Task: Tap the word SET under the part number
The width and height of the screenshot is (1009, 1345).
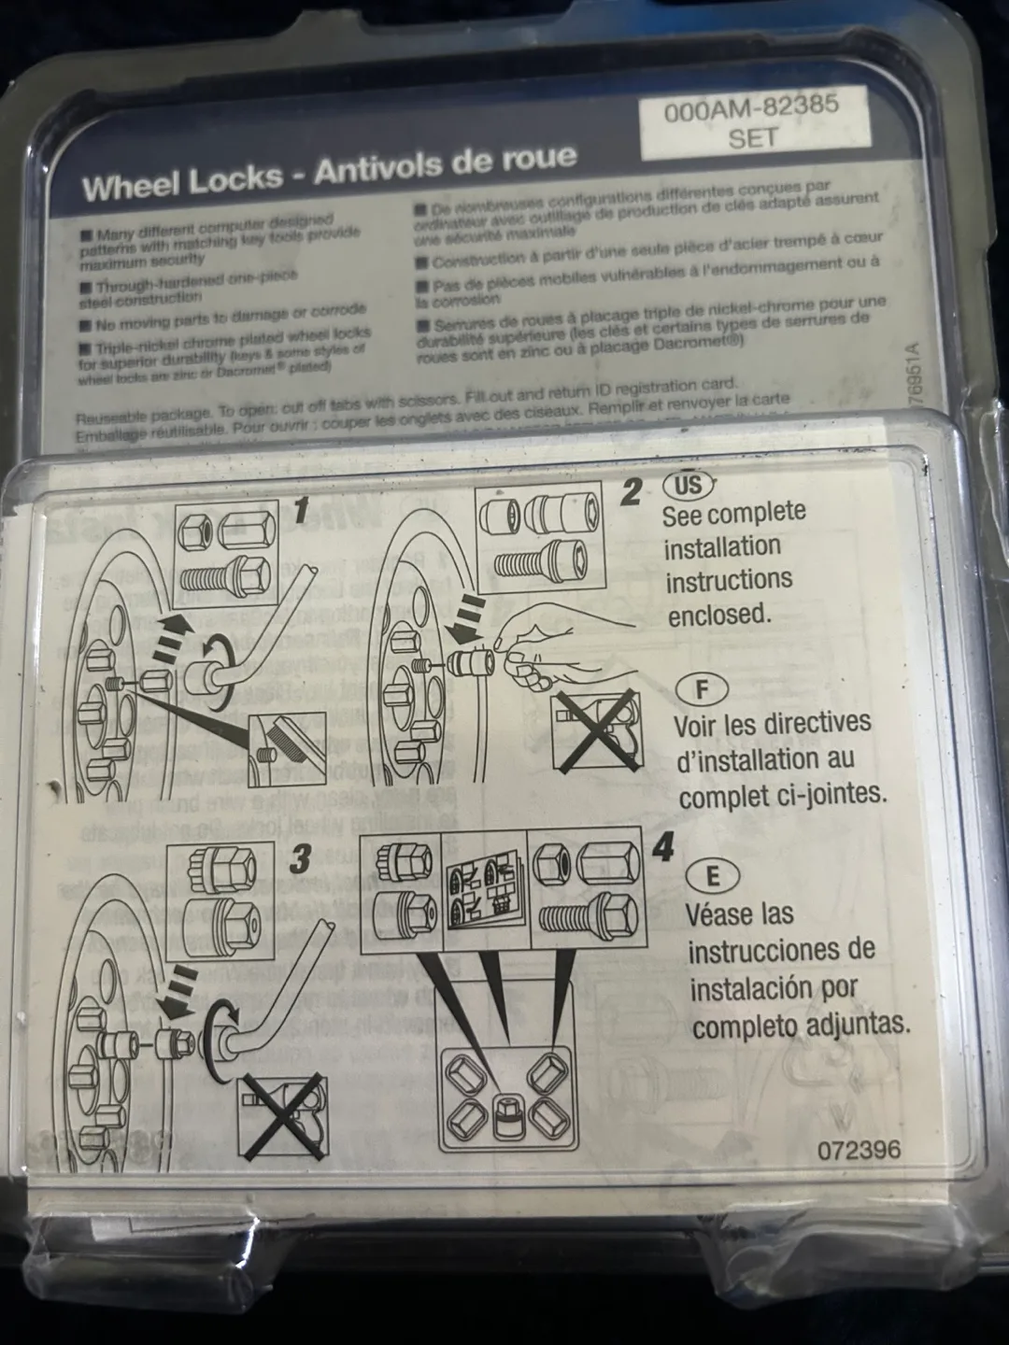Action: pos(752,138)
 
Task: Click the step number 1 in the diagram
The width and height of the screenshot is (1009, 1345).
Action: pos(301,510)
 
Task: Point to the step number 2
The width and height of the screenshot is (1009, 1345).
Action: pos(632,492)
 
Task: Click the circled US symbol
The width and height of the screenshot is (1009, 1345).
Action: pos(688,486)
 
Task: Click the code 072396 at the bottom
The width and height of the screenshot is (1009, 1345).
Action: pos(860,1148)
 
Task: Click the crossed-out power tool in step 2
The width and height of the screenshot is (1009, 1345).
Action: pos(597,730)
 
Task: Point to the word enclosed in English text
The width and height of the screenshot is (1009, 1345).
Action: pos(718,614)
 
